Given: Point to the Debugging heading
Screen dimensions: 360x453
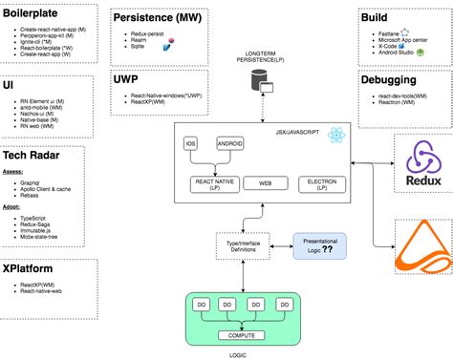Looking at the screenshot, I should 396,80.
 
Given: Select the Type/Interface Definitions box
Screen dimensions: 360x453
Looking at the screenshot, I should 243,221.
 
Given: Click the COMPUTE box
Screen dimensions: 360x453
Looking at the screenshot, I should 242,309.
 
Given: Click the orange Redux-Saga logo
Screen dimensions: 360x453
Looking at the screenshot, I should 422,229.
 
